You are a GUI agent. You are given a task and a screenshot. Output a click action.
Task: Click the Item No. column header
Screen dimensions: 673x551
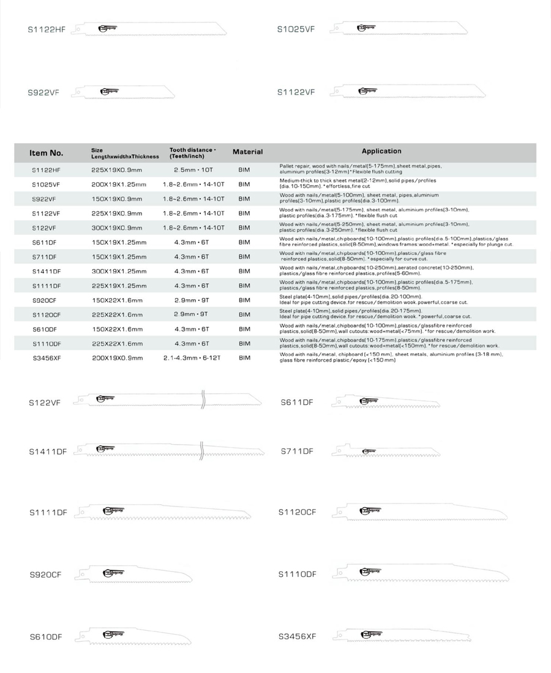pos(47,152)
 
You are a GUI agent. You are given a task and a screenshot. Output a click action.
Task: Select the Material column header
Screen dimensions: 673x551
pos(247,152)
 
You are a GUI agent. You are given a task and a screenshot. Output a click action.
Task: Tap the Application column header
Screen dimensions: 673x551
pos(381,151)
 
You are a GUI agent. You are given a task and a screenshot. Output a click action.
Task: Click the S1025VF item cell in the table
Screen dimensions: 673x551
pos(46,184)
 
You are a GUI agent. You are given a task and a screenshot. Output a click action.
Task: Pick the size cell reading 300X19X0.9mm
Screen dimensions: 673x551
pos(117,228)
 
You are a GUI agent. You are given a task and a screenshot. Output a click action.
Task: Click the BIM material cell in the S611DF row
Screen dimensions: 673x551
pos(244,242)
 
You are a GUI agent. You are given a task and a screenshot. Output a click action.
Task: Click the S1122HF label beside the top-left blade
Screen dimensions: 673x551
pos(47,29)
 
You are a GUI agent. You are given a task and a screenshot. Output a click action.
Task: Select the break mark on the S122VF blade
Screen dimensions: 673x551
pos(202,401)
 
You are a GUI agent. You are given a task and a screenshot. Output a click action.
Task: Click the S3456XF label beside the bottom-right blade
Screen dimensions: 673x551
pos(297,636)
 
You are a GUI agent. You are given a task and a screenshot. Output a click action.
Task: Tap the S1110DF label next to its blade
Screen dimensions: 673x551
pos(297,574)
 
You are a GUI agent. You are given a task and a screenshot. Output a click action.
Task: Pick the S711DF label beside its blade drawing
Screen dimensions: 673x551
pos(297,451)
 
